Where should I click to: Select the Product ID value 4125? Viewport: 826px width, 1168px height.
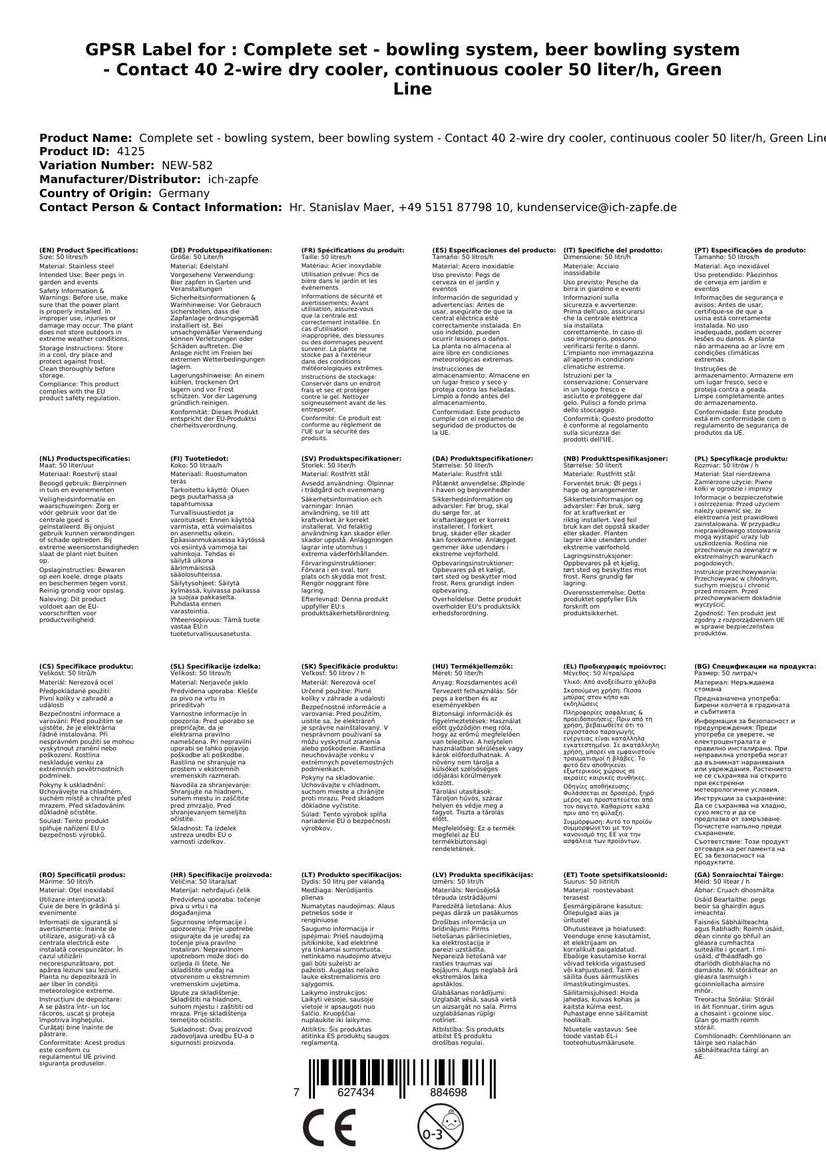[x=130, y=151]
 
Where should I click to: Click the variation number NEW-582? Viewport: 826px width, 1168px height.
[x=187, y=165]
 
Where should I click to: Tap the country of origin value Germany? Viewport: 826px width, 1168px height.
[x=184, y=193]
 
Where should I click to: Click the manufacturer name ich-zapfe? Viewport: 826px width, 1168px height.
[x=233, y=179]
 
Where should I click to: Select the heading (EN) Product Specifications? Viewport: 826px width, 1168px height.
[x=89, y=250]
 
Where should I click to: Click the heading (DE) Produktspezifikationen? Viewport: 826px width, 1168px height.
[x=221, y=250]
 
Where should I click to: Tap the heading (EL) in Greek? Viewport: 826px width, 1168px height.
[x=614, y=667]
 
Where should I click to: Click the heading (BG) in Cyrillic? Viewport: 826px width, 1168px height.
[x=755, y=667]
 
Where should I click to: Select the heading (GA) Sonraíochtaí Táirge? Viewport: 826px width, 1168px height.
[x=739, y=875]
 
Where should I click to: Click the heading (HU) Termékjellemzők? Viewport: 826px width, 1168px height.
[x=473, y=667]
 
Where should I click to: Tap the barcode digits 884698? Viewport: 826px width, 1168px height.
[x=448, y=1093]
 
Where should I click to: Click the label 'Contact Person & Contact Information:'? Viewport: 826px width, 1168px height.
[x=160, y=207]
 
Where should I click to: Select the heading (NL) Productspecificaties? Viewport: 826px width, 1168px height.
[x=85, y=459]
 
